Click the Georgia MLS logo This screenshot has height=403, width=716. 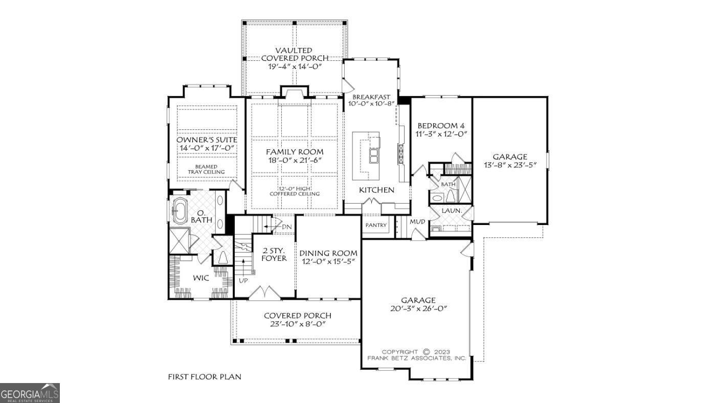pyautogui.click(x=30, y=393)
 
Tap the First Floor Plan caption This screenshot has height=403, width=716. pyautogui.click(x=205, y=377)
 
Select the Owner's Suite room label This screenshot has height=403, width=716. pyautogui.click(x=207, y=140)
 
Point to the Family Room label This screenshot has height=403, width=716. pyautogui.click(x=294, y=152)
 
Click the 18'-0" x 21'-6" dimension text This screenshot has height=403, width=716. pyautogui.click(x=294, y=161)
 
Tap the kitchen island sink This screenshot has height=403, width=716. pyautogui.click(x=374, y=155)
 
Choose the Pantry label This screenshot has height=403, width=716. pyautogui.click(x=376, y=226)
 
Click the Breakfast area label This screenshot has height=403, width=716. pyautogui.click(x=371, y=97)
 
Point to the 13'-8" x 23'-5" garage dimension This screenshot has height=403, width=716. pyautogui.click(x=510, y=165)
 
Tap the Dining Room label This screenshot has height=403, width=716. pyautogui.click(x=328, y=253)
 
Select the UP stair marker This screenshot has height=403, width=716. pyautogui.click(x=243, y=280)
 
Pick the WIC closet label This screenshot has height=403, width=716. pyautogui.click(x=200, y=278)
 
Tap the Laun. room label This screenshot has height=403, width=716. pyautogui.click(x=452, y=210)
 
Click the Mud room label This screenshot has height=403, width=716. pyautogui.click(x=417, y=222)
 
